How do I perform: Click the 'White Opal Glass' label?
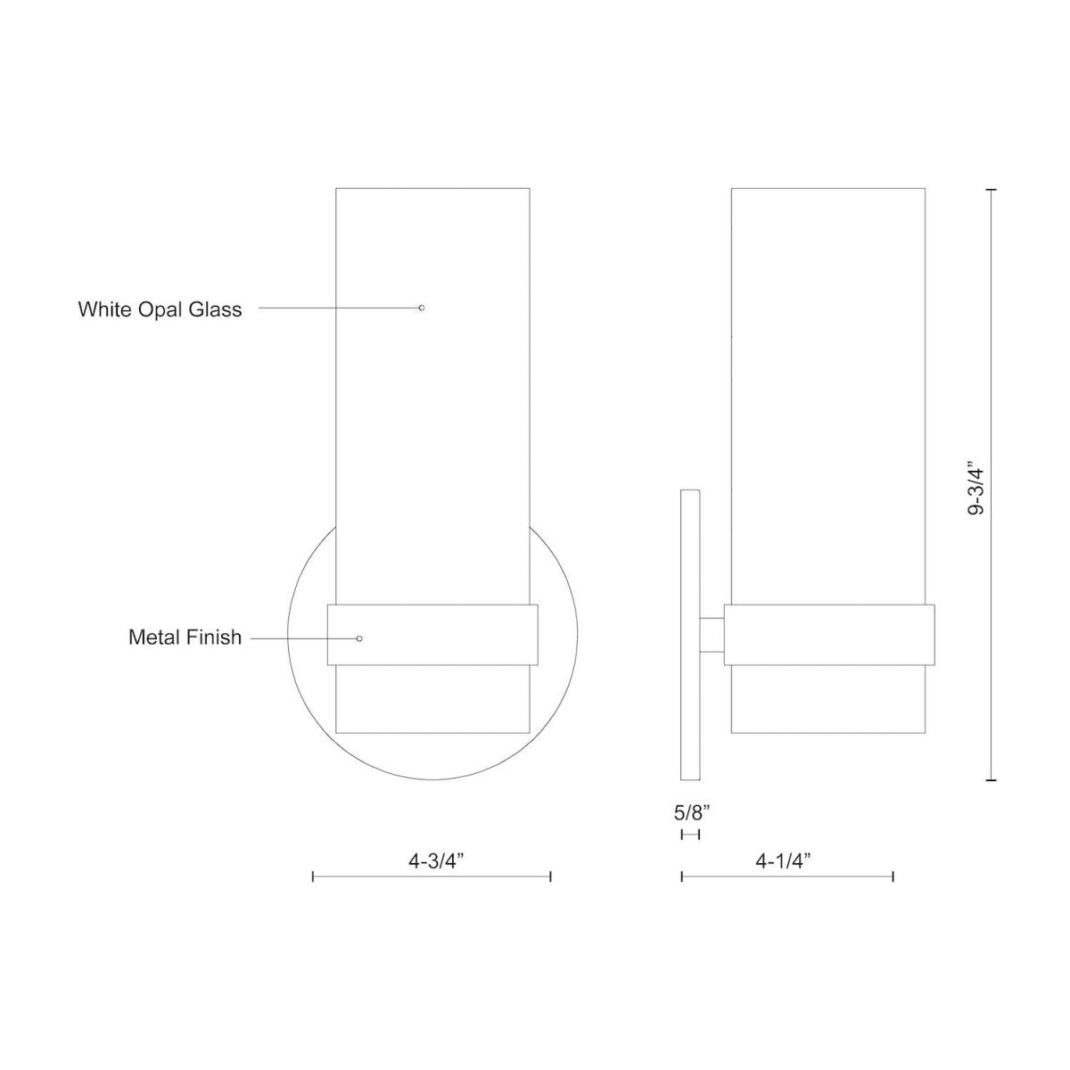160,310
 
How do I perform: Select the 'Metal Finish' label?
185,638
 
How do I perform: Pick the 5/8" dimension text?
691,812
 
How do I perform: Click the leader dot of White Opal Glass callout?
422,308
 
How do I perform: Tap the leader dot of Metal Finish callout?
359,638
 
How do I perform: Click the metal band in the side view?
828,635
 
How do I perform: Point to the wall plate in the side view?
690,633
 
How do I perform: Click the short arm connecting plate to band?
712,635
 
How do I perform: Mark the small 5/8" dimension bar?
690,835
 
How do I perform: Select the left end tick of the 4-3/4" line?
313,877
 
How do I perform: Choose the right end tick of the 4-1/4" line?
893,877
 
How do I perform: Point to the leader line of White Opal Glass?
339,308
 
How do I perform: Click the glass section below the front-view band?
433,700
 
